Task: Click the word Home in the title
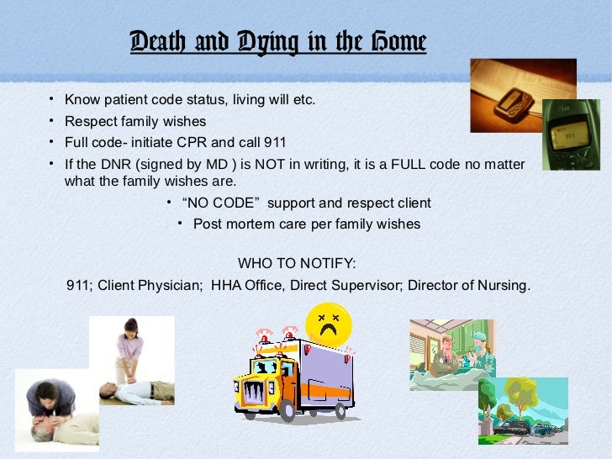click(x=398, y=42)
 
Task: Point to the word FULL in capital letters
click(x=414, y=163)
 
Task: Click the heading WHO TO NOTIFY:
click(x=297, y=264)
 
